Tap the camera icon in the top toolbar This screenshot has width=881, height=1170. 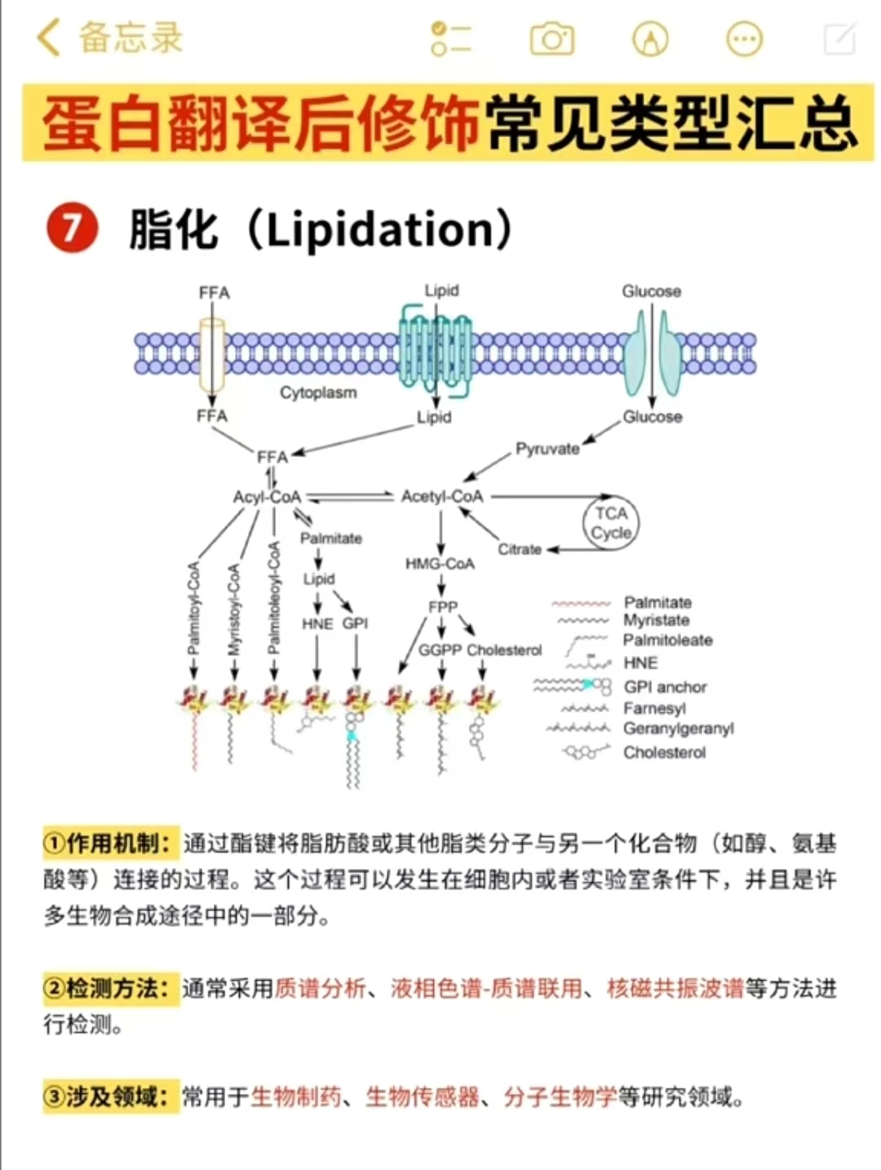pyautogui.click(x=552, y=38)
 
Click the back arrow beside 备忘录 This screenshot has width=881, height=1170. pyautogui.click(x=49, y=38)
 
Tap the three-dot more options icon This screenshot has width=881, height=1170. pyautogui.click(x=744, y=38)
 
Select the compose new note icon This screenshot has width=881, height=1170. pyautogui.click(x=839, y=38)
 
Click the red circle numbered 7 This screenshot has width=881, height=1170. pyautogui.click(x=72, y=228)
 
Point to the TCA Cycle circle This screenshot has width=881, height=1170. pyautogui.click(x=611, y=523)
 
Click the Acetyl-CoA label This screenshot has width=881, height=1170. pyautogui.click(x=442, y=496)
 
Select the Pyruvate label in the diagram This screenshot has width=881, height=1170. pyautogui.click(x=547, y=449)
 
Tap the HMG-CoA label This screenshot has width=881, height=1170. pyautogui.click(x=440, y=564)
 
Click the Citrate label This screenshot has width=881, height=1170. pyautogui.click(x=520, y=549)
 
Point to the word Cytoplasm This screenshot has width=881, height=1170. pyautogui.click(x=318, y=392)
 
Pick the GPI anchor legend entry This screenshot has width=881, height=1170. pyautogui.click(x=665, y=687)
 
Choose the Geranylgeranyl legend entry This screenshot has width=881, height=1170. pyautogui.click(x=678, y=729)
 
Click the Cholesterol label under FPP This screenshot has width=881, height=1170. pyautogui.click(x=504, y=650)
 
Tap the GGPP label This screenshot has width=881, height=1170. pyautogui.click(x=440, y=650)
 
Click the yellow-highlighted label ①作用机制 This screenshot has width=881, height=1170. pyautogui.click(x=109, y=843)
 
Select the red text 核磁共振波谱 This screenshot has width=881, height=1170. pyautogui.click(x=675, y=989)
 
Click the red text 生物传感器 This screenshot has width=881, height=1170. pyautogui.click(x=423, y=1097)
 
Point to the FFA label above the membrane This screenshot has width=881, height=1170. pyautogui.click(x=215, y=293)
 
